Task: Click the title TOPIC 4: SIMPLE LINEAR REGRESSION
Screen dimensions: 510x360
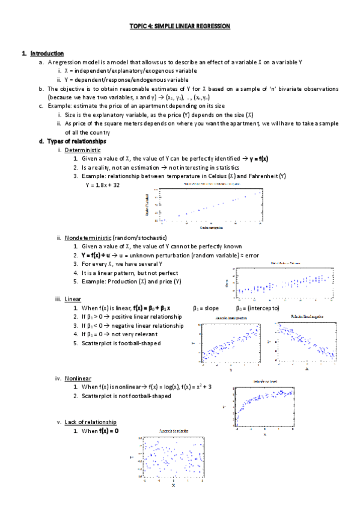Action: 180,26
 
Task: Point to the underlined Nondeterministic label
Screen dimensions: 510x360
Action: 88,238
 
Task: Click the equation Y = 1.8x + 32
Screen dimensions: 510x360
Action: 102,185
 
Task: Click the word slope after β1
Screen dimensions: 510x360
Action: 211,308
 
